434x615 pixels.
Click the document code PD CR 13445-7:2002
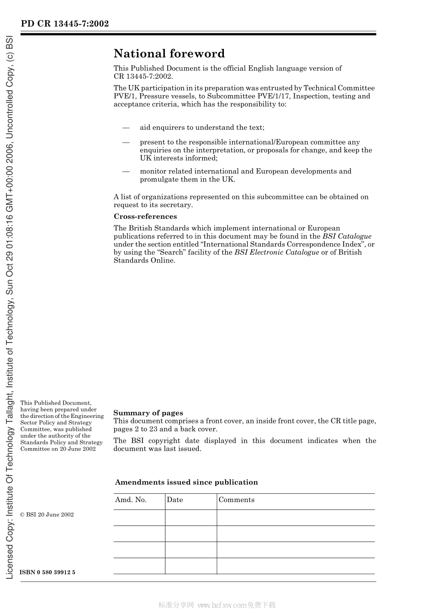[x=64, y=24]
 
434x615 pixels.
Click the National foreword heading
[x=169, y=54]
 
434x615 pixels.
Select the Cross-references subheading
[x=145, y=217]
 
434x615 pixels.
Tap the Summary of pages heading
[x=148, y=413]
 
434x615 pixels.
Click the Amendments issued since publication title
[x=186, y=482]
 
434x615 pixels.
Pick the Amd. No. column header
[x=131, y=500]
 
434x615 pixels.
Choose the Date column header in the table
[x=175, y=500]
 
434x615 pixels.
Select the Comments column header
[x=236, y=500]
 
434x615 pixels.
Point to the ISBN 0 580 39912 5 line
[x=48, y=572]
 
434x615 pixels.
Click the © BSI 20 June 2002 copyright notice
[x=47, y=514]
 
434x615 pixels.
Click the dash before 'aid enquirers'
[x=126, y=128]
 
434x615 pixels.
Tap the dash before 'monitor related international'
[x=126, y=171]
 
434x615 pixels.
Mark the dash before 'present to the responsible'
[x=126, y=143]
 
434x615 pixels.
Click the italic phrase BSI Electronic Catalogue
[x=276, y=252]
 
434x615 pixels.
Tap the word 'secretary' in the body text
[x=177, y=205]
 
